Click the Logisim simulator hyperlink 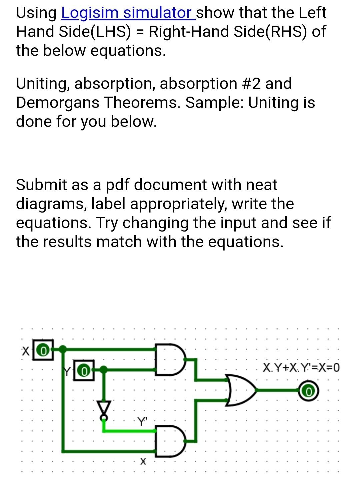127,13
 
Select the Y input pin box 85,370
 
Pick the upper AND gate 170,359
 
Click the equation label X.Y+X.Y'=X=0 301,368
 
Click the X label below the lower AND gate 143,461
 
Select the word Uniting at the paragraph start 43,84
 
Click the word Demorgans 58,103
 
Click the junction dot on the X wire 63,349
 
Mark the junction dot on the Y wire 104,369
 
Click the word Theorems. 142,103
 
